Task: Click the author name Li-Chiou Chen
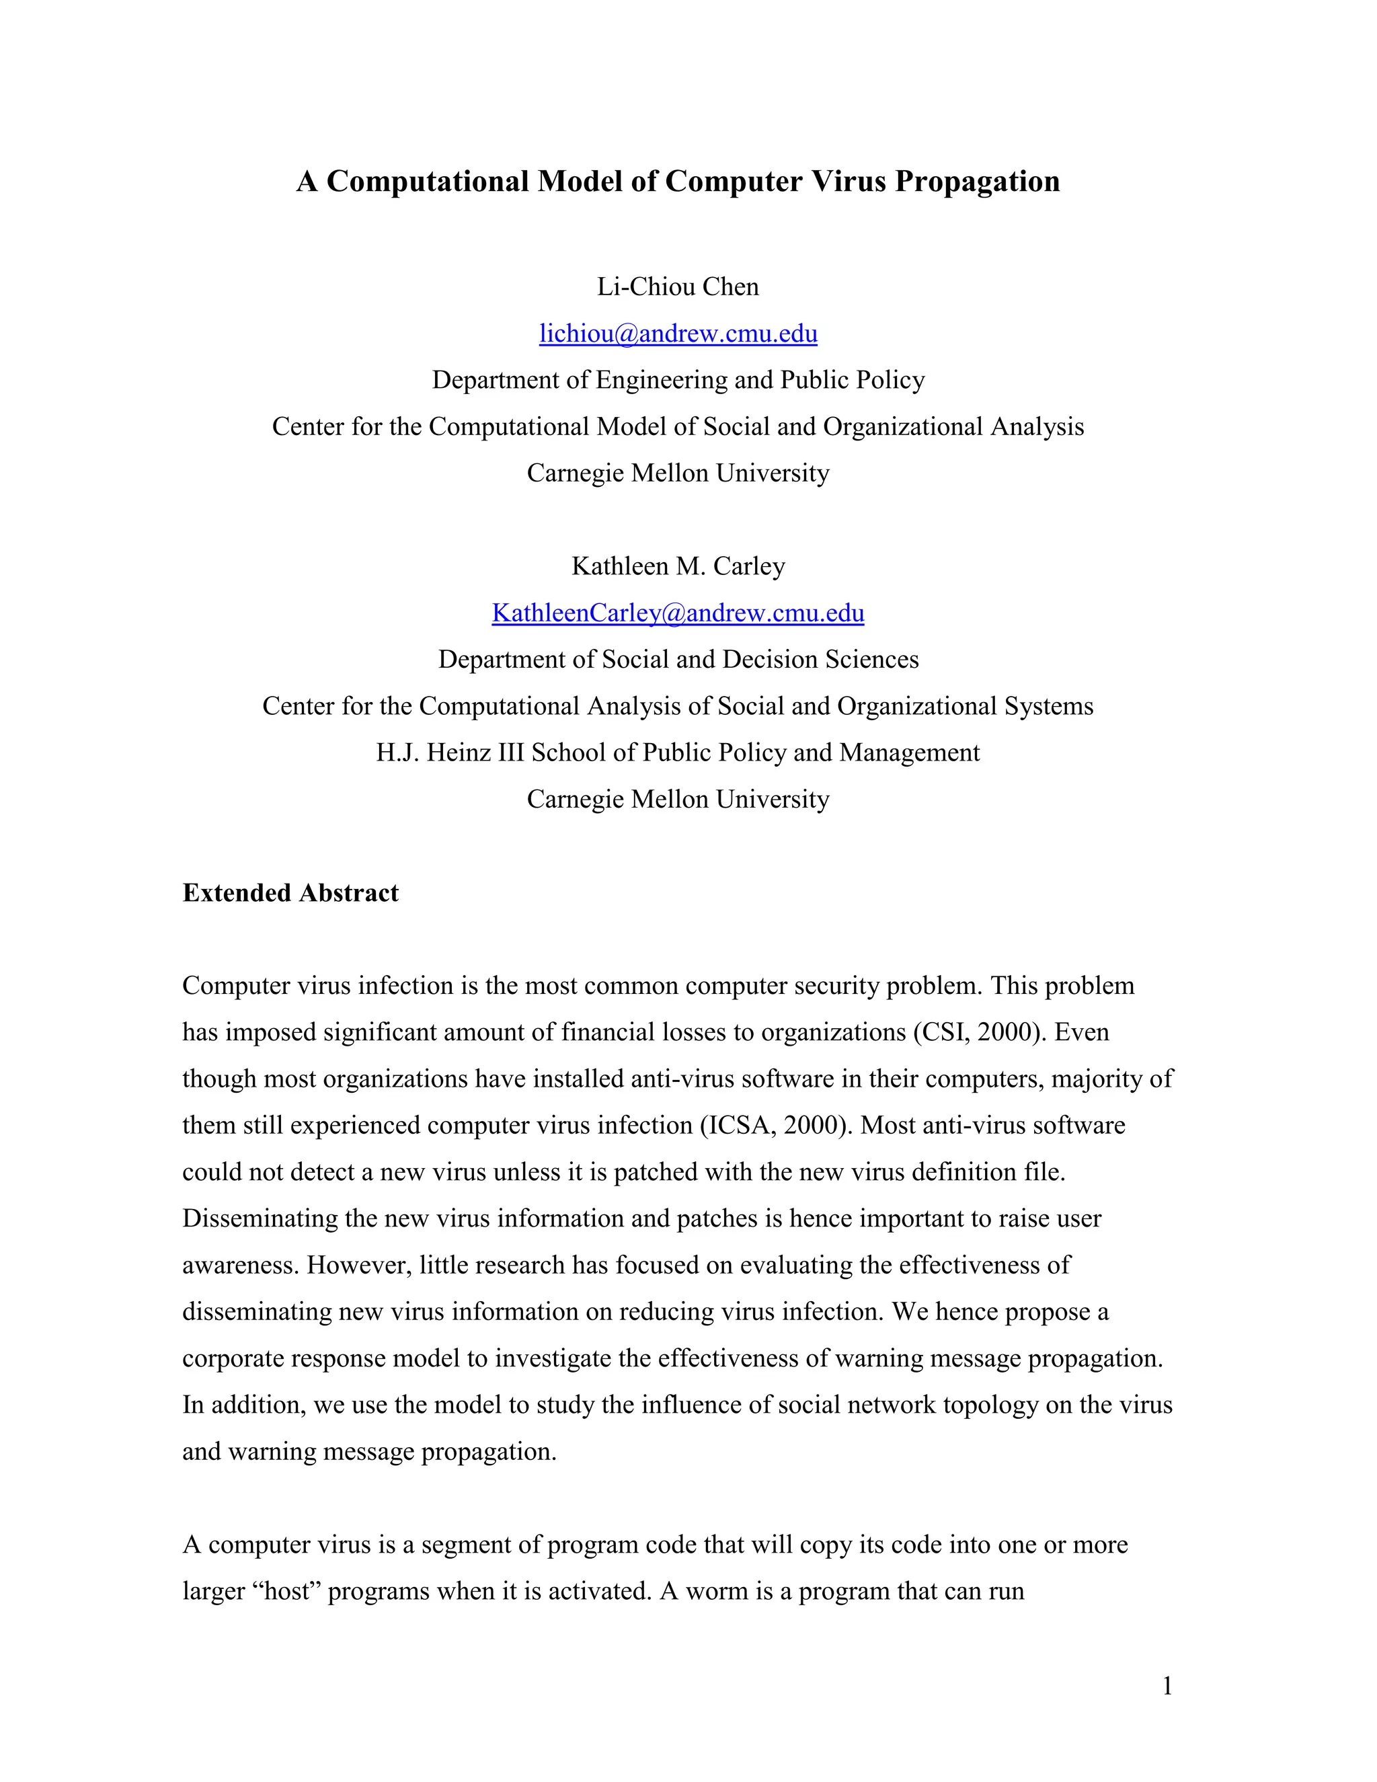[678, 286]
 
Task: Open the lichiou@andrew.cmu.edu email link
[678, 334]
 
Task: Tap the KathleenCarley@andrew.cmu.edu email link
[678, 613]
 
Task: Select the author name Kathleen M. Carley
[678, 566]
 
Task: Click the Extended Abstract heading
[290, 892]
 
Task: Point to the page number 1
[1167, 1685]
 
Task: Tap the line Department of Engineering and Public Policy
[678, 380]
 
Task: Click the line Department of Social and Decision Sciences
[678, 659]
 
